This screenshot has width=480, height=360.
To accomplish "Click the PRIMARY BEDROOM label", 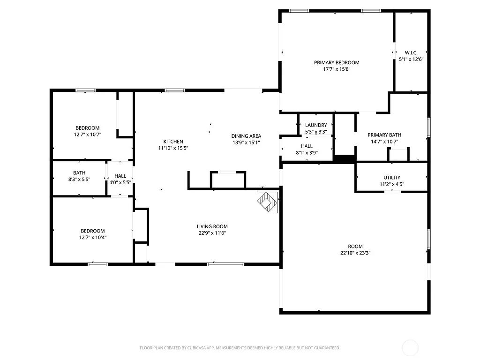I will point(337,62).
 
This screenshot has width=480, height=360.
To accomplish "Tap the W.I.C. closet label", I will point(411,52).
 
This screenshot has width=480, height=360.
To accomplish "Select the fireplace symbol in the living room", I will point(268,202).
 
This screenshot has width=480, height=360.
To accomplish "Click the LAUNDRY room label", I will point(316,125).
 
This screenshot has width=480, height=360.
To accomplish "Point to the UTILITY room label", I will point(392,177).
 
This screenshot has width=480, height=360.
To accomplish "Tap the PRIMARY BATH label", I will point(384,135).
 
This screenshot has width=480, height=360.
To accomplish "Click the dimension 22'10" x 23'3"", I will point(355,253).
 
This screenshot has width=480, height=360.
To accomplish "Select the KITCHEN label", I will point(173,142).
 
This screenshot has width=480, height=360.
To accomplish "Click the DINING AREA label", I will point(246,136).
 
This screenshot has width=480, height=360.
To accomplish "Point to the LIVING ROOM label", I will point(212,226).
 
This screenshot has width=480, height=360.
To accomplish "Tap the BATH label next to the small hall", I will point(79,173).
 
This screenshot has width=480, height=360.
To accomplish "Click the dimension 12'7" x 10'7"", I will point(87,135).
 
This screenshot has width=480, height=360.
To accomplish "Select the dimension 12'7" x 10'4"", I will point(93,237).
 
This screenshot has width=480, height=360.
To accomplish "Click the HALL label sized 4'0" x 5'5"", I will point(120,176).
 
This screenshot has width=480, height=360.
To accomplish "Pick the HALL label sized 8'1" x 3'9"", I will point(307,146).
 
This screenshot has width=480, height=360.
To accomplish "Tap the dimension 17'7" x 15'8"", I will point(337,69).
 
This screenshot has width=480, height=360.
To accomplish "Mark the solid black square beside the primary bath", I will point(345,159).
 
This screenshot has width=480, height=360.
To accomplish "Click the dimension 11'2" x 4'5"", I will point(392,184).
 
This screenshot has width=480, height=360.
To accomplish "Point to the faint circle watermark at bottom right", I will point(410,348).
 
